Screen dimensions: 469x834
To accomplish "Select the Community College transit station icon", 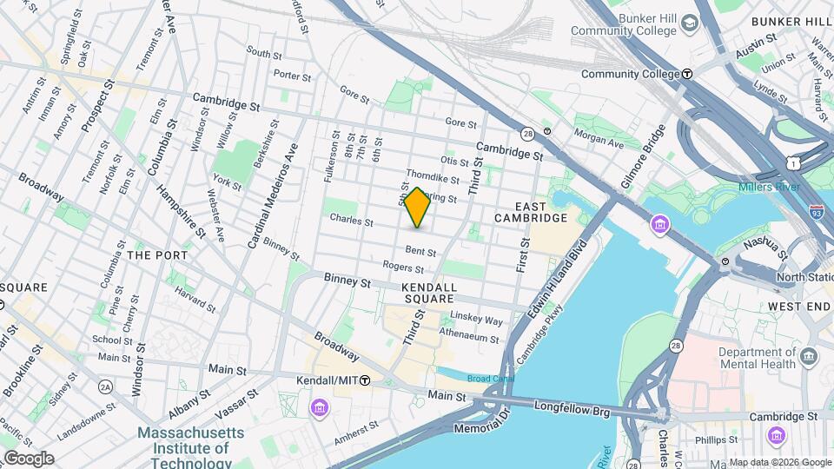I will (x=687, y=74).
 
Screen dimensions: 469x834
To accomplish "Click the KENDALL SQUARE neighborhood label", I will (x=428, y=293).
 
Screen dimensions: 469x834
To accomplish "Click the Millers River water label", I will (x=773, y=188).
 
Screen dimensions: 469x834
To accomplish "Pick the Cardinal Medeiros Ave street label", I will (x=273, y=196).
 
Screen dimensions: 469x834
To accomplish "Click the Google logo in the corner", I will (x=28, y=459).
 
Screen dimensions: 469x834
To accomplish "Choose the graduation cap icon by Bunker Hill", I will (x=692, y=21).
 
